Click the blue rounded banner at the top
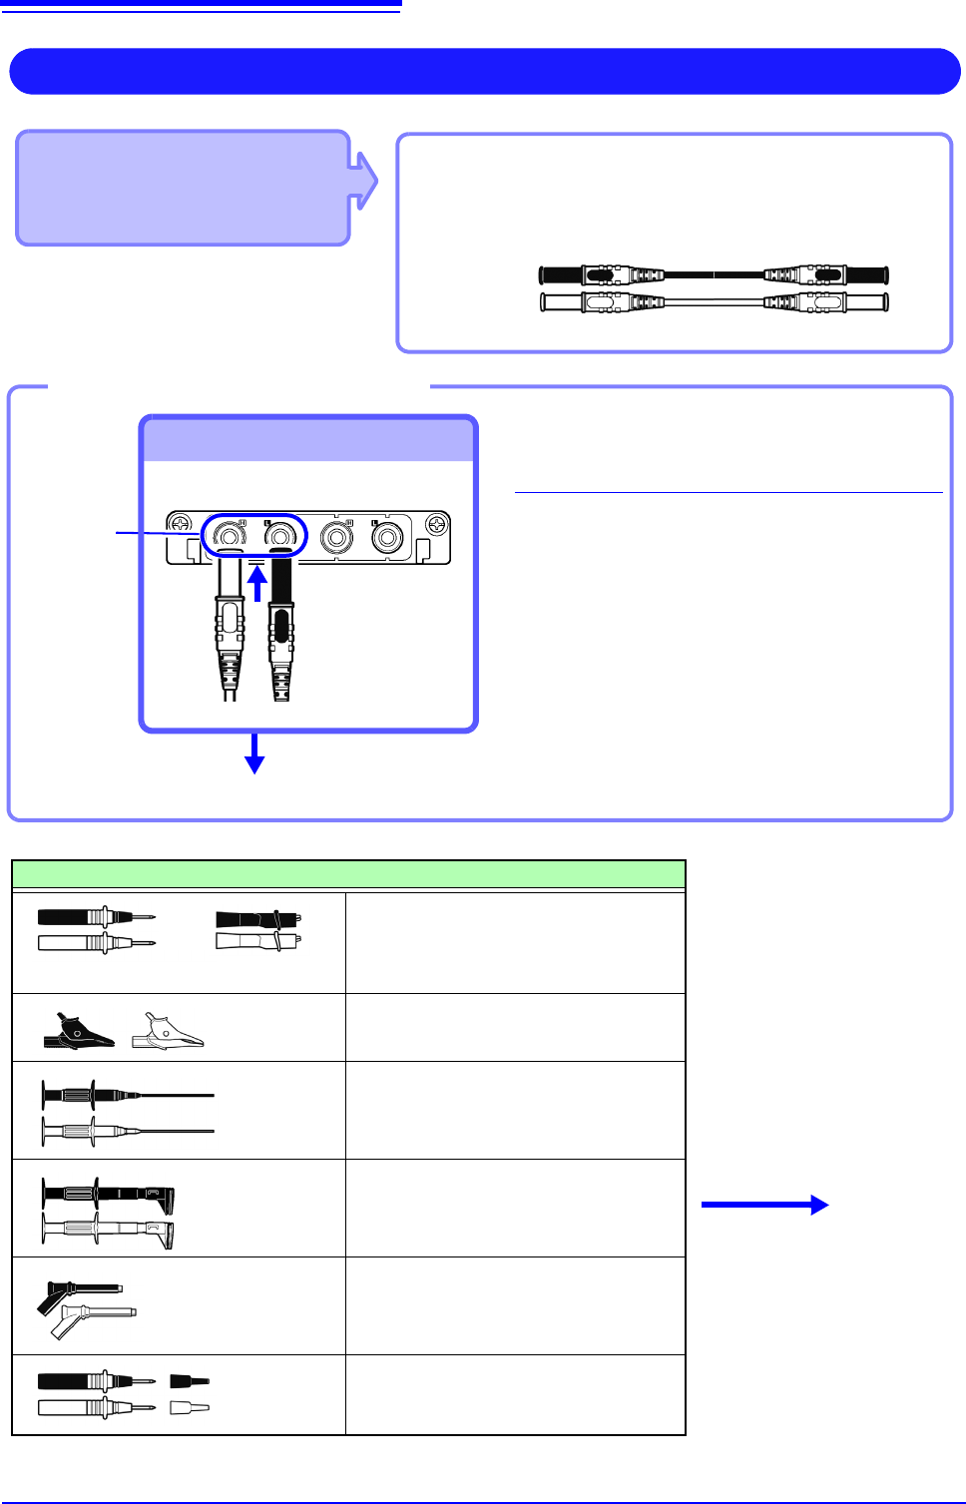point(484,71)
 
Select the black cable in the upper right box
point(713,274)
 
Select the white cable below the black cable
point(713,301)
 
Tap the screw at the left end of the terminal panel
point(180,524)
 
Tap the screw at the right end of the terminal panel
point(437,524)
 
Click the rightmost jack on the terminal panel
point(387,538)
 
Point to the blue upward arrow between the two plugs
point(257,584)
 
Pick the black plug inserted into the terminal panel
point(281,629)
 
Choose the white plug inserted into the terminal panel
point(230,629)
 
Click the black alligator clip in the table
point(78,1033)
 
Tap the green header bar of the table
point(348,874)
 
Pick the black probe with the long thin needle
point(125,1095)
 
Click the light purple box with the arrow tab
point(183,188)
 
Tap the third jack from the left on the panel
point(336,538)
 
